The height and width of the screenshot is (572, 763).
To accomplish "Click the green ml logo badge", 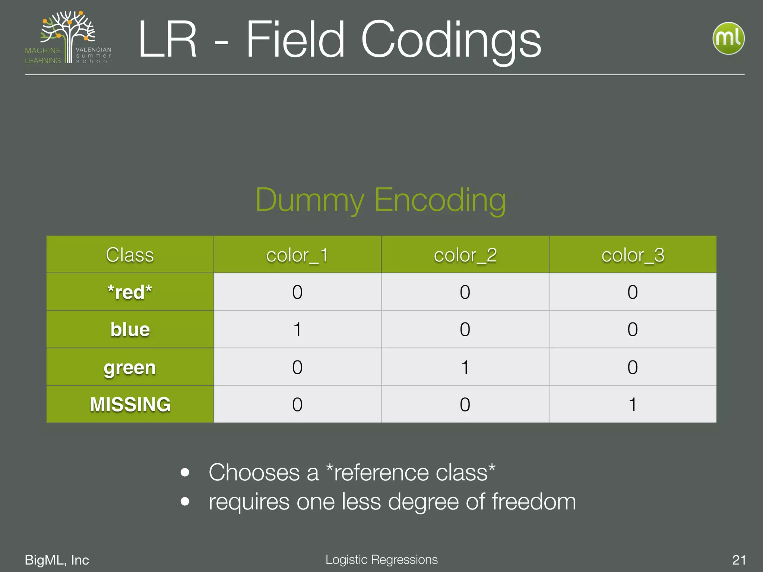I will coord(728,38).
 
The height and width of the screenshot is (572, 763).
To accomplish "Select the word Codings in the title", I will coord(451,40).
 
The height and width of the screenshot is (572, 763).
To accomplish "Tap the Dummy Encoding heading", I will coord(380,200).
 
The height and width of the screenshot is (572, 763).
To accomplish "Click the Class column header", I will coord(130,255).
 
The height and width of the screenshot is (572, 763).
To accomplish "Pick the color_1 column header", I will coord(297,255).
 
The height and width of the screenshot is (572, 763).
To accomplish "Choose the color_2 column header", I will coord(465,255).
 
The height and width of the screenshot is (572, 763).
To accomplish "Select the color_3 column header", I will coord(633,255).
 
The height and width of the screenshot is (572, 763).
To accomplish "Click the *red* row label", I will coord(130,292).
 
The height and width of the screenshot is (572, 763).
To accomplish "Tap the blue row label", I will coord(130,330).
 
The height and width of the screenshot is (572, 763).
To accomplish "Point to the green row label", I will coord(130,368).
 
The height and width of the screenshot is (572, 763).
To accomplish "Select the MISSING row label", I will coord(130,404).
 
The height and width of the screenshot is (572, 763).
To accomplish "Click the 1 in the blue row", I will coord(297,330).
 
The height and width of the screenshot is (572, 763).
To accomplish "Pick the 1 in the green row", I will coord(465,367).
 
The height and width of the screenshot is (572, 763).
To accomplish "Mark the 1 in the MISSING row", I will coord(633,404).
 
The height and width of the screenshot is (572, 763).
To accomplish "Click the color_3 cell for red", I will coord(633,292).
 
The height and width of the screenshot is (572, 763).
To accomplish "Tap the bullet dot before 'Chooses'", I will coord(185,473).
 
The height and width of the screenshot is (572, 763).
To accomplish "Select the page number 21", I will coord(739,560).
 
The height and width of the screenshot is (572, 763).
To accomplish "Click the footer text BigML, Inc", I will coord(57,560).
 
